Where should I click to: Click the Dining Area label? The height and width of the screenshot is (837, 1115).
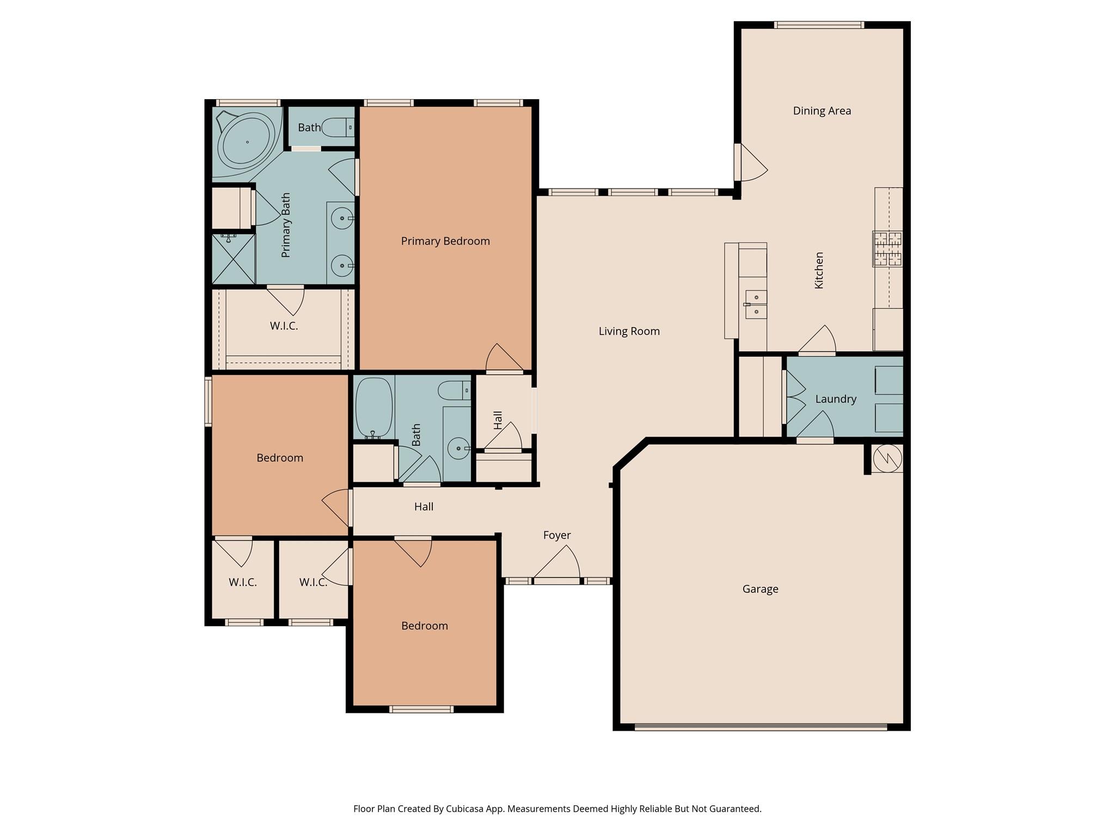pos(822,111)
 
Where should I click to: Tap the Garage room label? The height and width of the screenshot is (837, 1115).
pos(760,589)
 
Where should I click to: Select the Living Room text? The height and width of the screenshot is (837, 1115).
pos(629,331)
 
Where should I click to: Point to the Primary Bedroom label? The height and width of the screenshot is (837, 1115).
pos(445,241)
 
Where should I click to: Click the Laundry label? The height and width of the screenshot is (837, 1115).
pos(835,399)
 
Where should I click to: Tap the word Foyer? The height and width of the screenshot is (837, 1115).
pos(556,536)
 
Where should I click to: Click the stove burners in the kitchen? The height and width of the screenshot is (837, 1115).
pos(887,249)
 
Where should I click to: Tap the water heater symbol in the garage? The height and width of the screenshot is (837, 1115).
pos(887,458)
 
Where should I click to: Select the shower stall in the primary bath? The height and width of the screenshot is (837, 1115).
pos(233,259)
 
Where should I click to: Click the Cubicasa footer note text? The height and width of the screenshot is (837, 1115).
pos(557,809)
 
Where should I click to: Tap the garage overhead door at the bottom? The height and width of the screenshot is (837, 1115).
pos(761,726)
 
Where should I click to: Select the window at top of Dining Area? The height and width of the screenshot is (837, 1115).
pos(819,25)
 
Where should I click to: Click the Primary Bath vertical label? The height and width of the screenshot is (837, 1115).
pos(286,225)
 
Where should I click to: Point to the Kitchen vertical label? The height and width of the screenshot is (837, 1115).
pos(818,270)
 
